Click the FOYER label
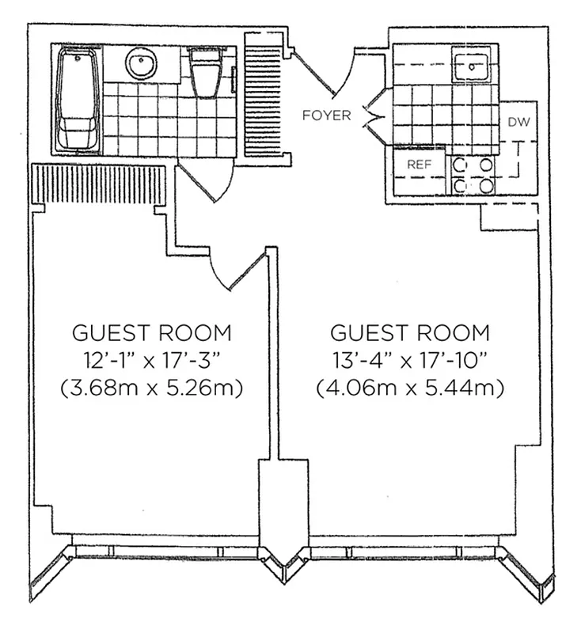(326, 116)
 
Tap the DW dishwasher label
(518, 122)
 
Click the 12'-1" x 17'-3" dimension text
(152, 360)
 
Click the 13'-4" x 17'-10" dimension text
(410, 360)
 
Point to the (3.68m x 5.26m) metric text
(152, 389)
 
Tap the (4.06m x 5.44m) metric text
(410, 389)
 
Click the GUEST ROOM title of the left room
(152, 332)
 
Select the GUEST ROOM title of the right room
(410, 332)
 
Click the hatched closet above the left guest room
(98, 184)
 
